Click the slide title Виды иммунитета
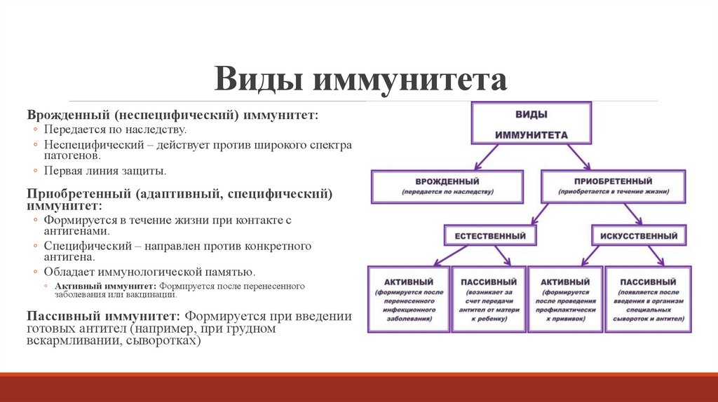[x=360, y=79]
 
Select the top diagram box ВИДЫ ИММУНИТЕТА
[x=531, y=123]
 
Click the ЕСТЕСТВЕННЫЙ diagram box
[x=490, y=236]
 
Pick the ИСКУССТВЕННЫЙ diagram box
[x=639, y=236]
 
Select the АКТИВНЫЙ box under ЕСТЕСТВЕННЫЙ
[x=406, y=299]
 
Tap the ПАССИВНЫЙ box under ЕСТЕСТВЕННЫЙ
[x=484, y=299]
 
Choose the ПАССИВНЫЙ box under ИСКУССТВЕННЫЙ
[x=648, y=299]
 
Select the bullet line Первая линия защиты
[x=105, y=170]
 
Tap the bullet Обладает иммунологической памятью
[x=149, y=272]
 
